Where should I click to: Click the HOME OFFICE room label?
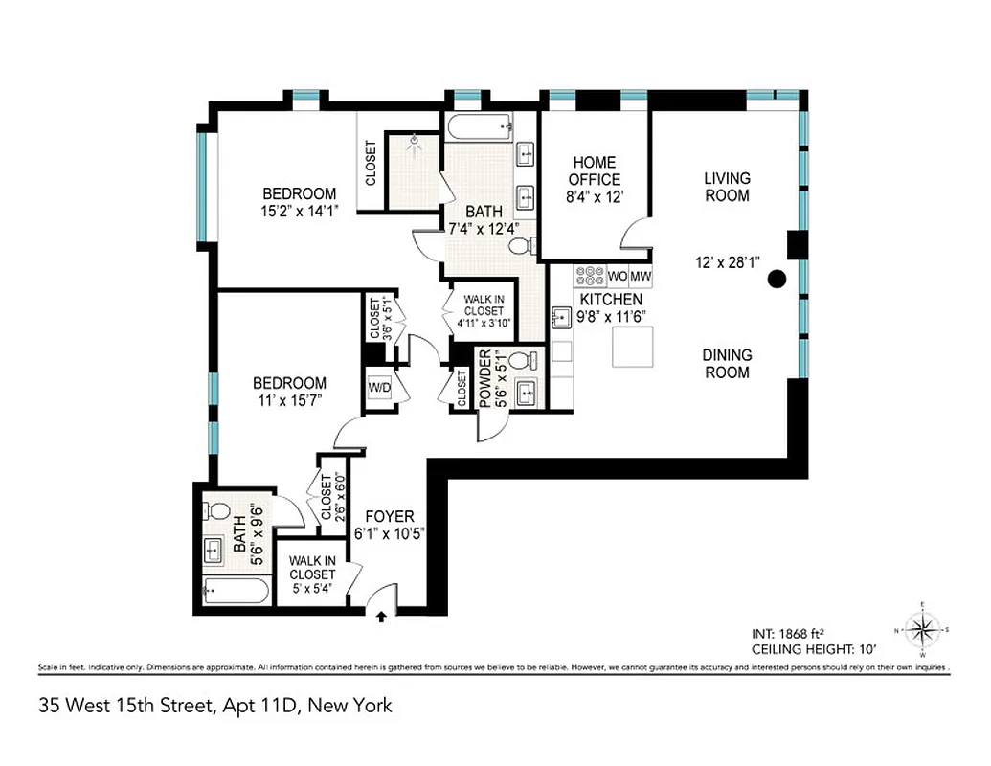594,170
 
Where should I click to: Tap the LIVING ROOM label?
727,187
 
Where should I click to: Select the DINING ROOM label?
727,363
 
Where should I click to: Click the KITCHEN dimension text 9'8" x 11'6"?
610,317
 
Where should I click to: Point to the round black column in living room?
777,279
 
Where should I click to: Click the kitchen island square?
633,347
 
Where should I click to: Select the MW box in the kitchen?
641,277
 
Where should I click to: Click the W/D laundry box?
378,388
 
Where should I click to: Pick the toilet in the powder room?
521,361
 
